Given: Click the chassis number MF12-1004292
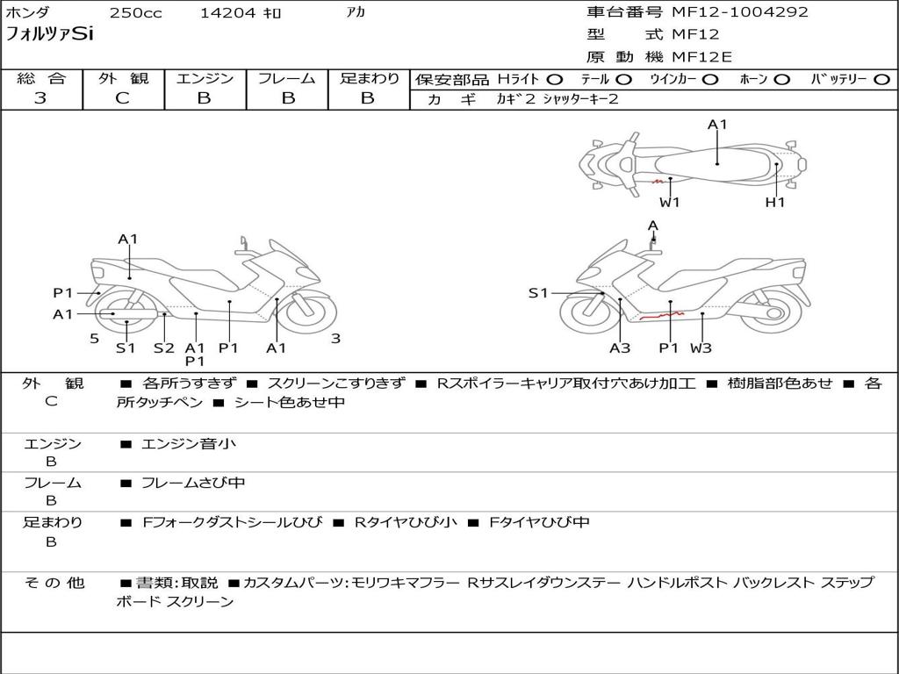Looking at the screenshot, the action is pos(740,11).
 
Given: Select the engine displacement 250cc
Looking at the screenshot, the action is pos(136,12).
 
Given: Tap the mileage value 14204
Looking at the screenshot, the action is pos(227,12).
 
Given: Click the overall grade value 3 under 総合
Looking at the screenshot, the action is pos(40,97).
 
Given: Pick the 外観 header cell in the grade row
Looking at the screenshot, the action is pos(123,78).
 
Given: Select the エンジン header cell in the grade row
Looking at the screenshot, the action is pos(205,78).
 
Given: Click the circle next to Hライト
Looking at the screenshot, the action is pos(555,80).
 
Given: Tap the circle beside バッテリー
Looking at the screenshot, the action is pos(881,80).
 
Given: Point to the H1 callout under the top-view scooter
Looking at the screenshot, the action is pos(775,202).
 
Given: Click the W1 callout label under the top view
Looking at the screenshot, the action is pos(670,202).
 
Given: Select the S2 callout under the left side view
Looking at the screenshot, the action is pos(164,348).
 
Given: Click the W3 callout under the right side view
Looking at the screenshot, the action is pos(701,348).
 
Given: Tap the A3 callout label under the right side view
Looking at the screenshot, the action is pos(620,348).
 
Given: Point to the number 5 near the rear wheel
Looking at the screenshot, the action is pos(95,339).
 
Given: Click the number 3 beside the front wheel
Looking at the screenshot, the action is pos(336,339).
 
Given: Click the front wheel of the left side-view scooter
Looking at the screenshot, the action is pos(310,313).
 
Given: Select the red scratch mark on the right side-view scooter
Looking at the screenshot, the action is pos(662,315).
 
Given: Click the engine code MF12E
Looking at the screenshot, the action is pos(701,57).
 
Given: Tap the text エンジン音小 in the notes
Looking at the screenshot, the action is pos(188,443).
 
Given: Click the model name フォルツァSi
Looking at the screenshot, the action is pos(49,34).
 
